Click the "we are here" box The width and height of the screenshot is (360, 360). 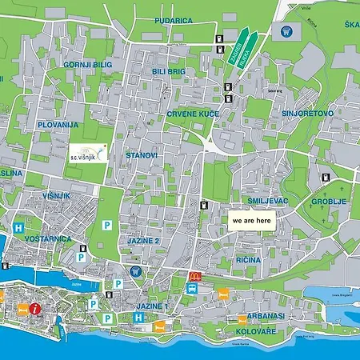click(x=250, y=220)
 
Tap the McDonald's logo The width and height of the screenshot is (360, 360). click(x=193, y=276)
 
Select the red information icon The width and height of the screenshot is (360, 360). click(x=35, y=308)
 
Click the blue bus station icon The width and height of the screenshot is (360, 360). click(x=192, y=288)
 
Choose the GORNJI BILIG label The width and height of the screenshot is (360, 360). click(x=87, y=64)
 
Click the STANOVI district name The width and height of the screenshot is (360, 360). click(x=142, y=154)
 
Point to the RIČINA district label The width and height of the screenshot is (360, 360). click(x=249, y=260)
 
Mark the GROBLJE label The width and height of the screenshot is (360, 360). click(x=329, y=202)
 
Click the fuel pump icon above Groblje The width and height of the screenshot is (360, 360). click(x=325, y=178)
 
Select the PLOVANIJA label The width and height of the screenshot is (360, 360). click(x=57, y=126)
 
